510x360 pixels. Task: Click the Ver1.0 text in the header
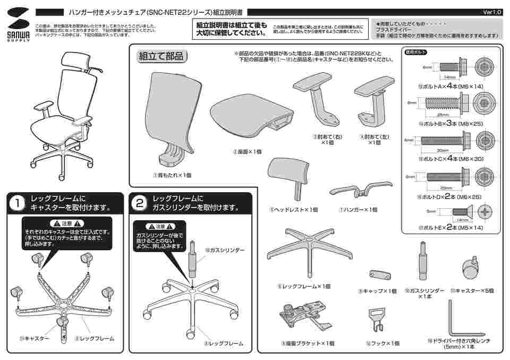tap(492, 12)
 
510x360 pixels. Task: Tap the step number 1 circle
tap(18, 203)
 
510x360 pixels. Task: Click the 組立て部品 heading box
tap(160, 56)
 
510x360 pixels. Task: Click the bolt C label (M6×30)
tap(449, 158)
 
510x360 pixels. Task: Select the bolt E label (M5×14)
tap(450, 227)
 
